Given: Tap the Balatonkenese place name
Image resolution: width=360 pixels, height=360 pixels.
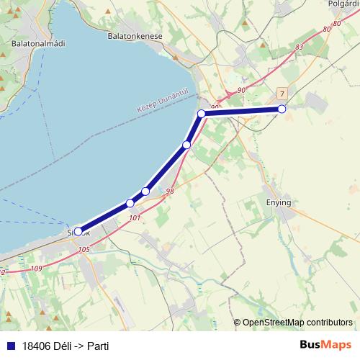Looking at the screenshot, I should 135,35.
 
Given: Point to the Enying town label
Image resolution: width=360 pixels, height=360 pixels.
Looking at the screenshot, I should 279,202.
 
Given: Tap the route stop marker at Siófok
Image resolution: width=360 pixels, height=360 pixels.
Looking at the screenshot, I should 78,232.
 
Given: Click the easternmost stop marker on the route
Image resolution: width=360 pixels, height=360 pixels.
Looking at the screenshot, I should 282,109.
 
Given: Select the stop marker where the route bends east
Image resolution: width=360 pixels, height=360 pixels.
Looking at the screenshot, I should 202,113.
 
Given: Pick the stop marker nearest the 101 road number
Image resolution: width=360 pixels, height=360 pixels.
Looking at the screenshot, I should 130,203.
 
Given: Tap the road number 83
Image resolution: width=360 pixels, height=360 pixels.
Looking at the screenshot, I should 300,48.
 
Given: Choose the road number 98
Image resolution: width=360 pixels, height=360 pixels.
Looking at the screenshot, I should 170,192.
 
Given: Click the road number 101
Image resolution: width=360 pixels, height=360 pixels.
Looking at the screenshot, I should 133,217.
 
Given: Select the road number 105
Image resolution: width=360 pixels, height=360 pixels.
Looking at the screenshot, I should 83,250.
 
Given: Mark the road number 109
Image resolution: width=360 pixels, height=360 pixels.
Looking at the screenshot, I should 37,269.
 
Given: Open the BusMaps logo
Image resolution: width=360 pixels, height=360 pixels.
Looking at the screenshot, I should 325,346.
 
